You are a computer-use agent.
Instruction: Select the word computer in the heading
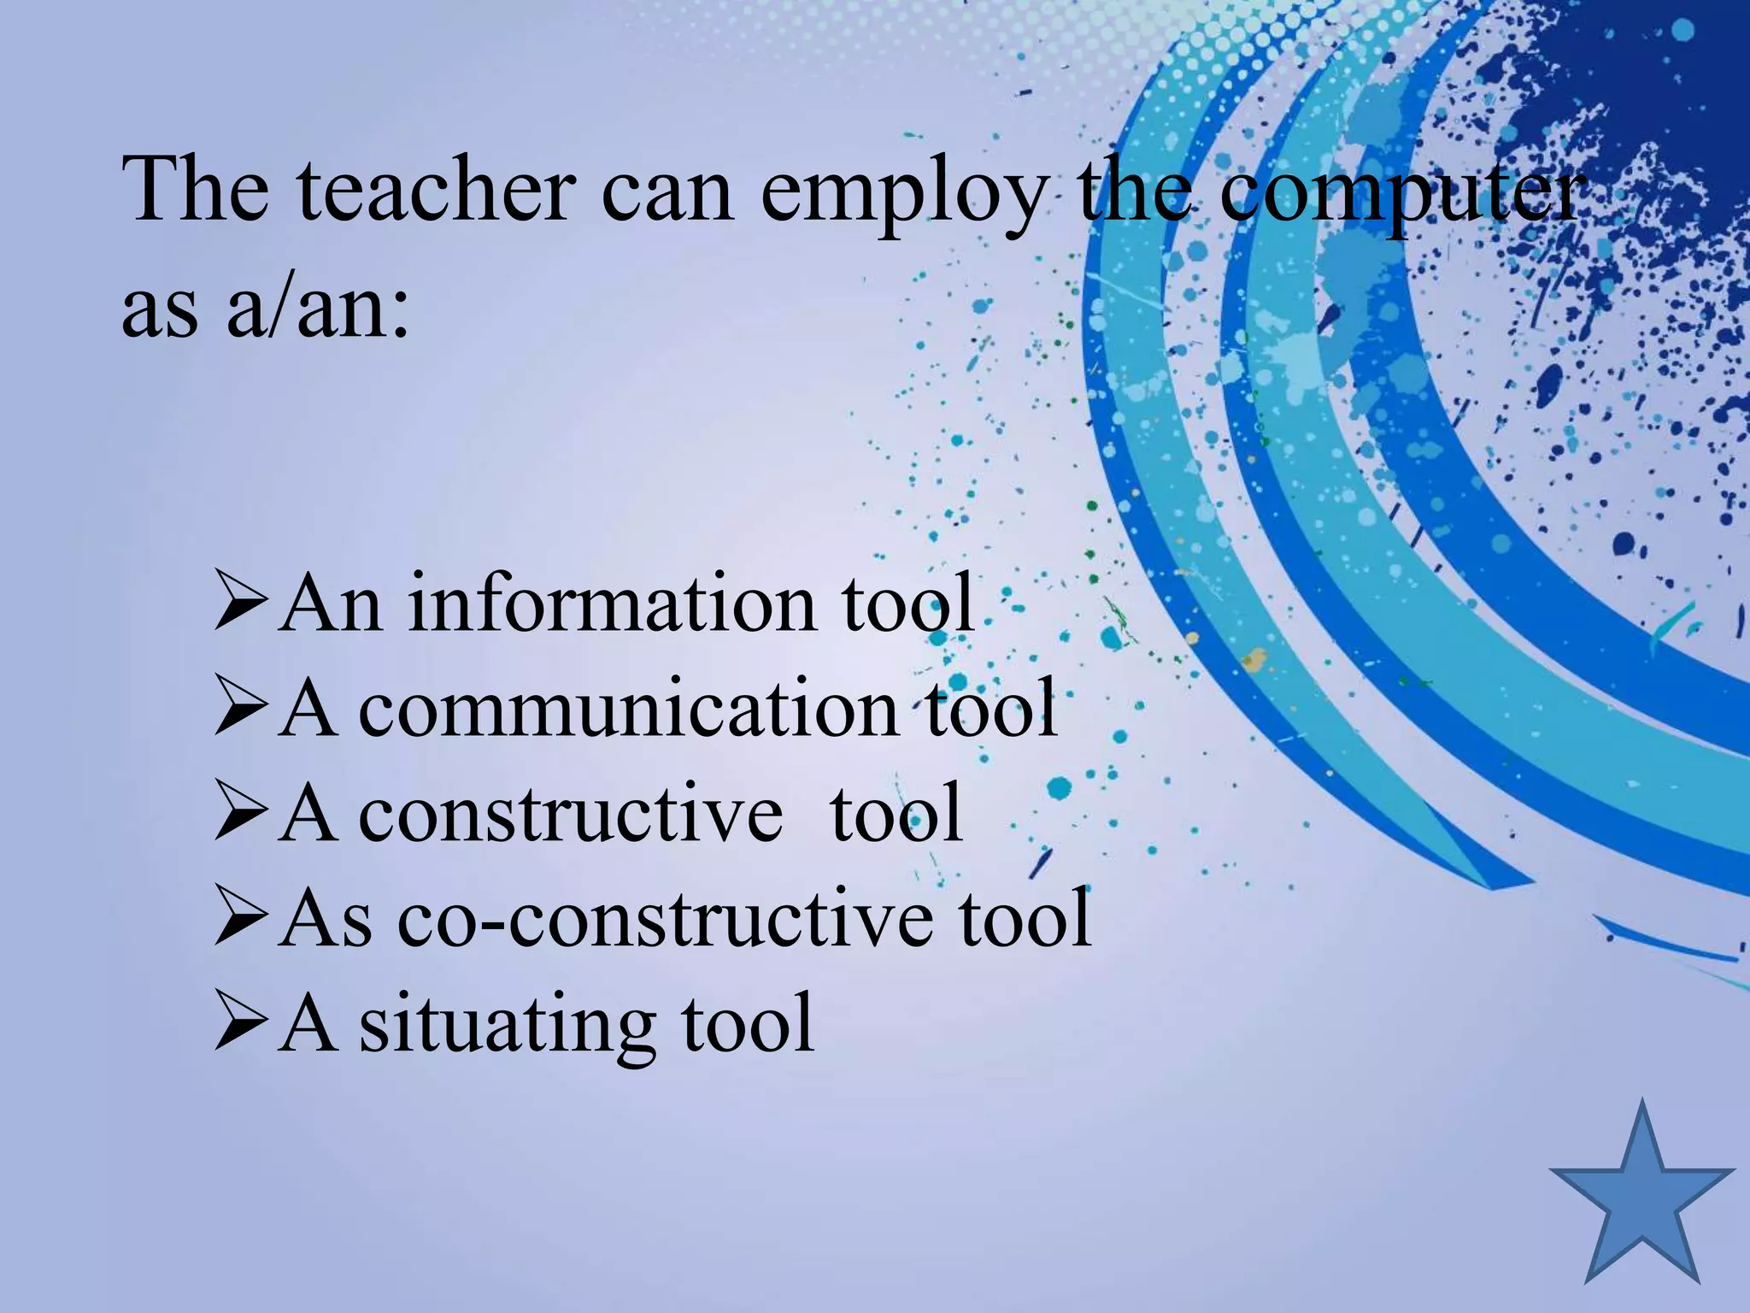click(x=1398, y=192)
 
